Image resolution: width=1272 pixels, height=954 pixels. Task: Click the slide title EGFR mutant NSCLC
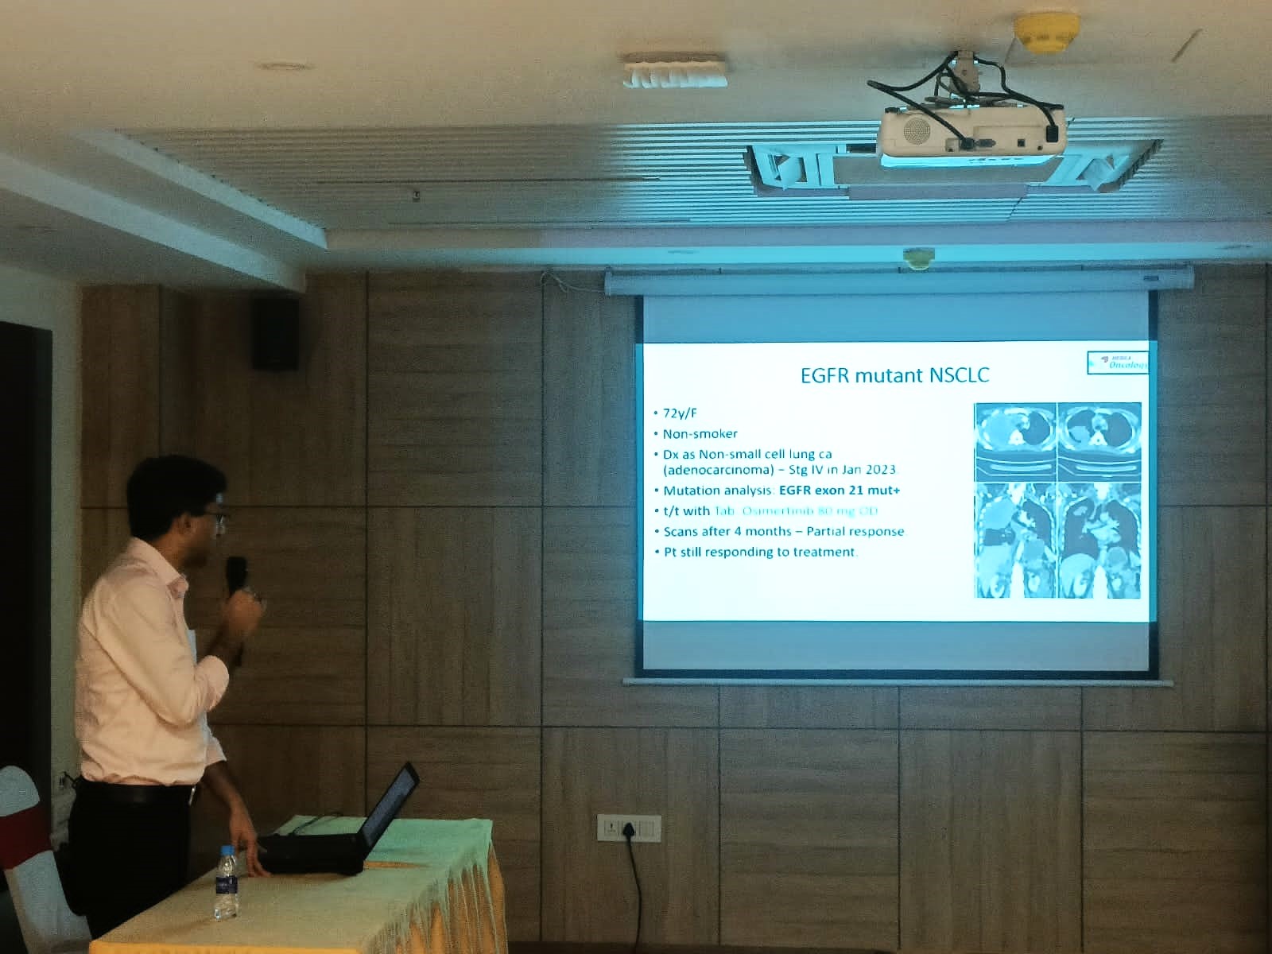pyautogui.click(x=894, y=375)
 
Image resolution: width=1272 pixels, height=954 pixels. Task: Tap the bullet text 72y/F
pyautogui.click(x=680, y=413)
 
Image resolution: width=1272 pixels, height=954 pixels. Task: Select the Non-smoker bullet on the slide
pyautogui.click(x=700, y=434)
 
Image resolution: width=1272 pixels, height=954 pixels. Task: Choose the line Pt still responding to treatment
pyautogui.click(x=759, y=552)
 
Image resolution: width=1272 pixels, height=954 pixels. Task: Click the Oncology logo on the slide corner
pyautogui.click(x=1119, y=362)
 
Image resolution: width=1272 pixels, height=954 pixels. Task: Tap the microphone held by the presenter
pyautogui.click(x=236, y=574)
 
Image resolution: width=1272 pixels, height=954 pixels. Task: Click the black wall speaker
pyautogui.click(x=276, y=332)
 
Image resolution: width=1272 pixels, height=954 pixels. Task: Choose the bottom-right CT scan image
pyautogui.click(x=1099, y=541)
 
